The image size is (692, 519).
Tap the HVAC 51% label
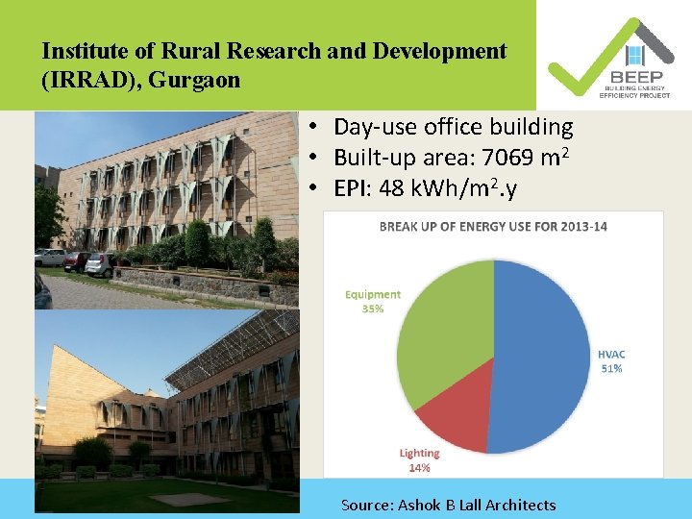[610, 361]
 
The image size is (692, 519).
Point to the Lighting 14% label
[419, 459]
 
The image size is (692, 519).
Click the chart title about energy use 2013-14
[493, 227]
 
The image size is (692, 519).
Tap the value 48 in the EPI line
[392, 189]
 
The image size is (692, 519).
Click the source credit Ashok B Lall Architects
[448, 505]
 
